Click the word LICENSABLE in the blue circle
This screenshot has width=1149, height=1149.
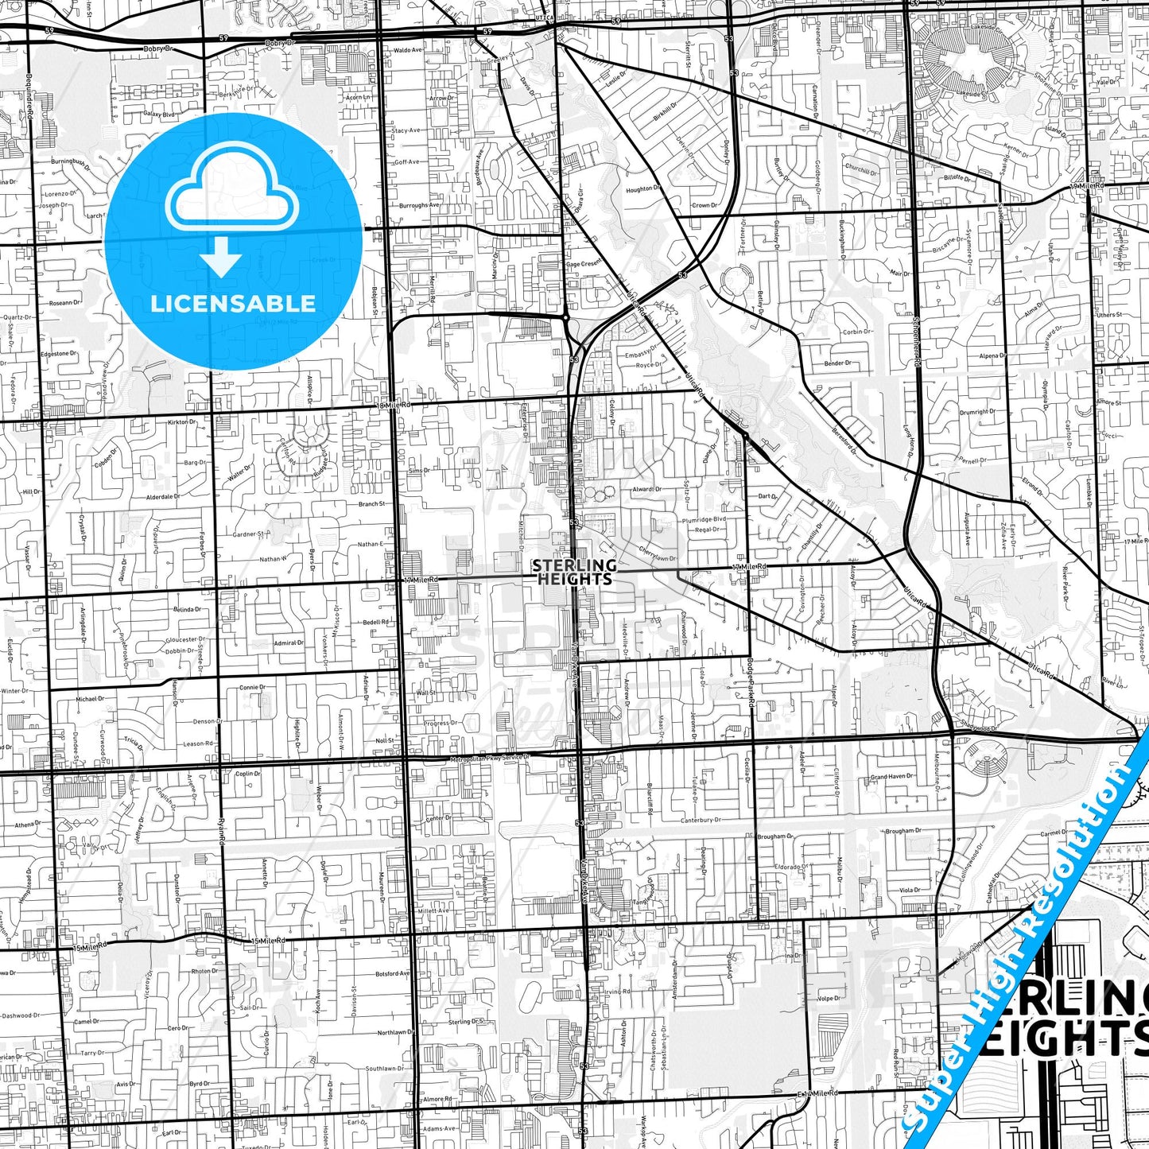[233, 303]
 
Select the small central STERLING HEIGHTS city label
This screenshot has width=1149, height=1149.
[574, 572]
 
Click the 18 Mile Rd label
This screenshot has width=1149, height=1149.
[394, 405]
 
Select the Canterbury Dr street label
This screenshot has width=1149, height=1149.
[701, 820]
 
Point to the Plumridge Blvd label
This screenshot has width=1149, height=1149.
[704, 519]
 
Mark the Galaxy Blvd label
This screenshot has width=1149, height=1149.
[157, 115]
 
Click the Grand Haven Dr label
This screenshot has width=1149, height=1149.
[889, 777]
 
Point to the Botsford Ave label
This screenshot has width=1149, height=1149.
[393, 973]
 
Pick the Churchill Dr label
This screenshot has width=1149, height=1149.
[861, 169]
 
